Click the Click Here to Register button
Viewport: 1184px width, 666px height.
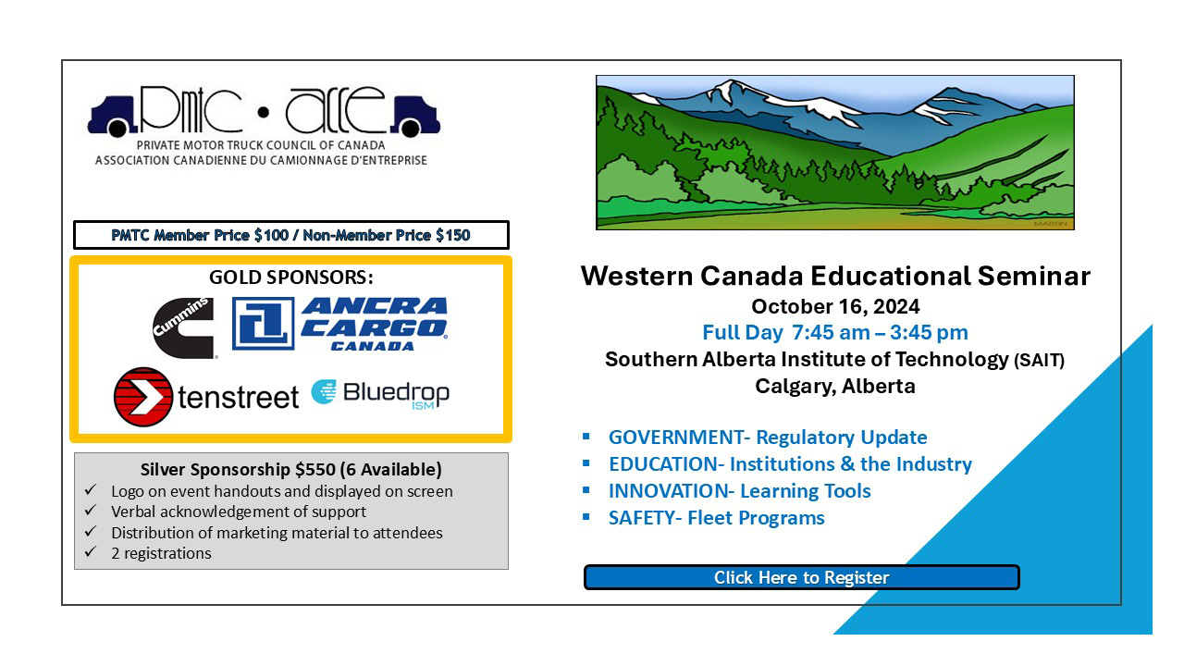(x=801, y=577)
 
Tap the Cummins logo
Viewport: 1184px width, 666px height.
(x=184, y=327)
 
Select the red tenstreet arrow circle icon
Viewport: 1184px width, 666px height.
(x=142, y=397)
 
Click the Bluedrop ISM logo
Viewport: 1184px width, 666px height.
(x=380, y=394)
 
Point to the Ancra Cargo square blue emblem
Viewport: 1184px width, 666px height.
(x=263, y=324)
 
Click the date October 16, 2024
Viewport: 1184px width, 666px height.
(x=835, y=306)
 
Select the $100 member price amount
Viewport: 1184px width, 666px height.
(x=271, y=235)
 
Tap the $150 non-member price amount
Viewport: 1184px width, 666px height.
(x=453, y=235)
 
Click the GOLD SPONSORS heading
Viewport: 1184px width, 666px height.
(x=291, y=277)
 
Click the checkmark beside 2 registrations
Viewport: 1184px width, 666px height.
(x=91, y=552)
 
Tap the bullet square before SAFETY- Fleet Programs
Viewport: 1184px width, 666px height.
(x=586, y=516)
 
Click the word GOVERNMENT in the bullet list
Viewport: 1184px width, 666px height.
(x=675, y=438)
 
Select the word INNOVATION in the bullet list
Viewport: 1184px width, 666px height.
(x=668, y=491)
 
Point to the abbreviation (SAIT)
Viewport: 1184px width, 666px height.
(x=1039, y=361)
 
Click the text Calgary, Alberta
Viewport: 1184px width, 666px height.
(x=835, y=387)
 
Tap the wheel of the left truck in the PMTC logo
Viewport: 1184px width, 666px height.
(x=117, y=128)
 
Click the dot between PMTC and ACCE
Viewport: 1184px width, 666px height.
(x=264, y=112)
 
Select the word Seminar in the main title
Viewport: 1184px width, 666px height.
(x=1034, y=276)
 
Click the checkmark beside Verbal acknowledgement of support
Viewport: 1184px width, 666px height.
(x=91, y=510)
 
